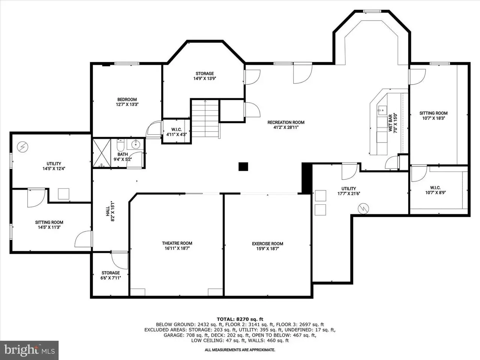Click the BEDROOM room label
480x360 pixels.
pyautogui.click(x=127, y=99)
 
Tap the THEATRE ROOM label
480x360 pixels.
pyautogui.click(x=177, y=243)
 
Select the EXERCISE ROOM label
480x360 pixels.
pyautogui.click(x=268, y=244)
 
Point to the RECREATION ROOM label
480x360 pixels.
pyautogui.click(x=286, y=122)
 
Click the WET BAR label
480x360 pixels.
pyautogui.click(x=390, y=123)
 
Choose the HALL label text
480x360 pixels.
pyautogui.click(x=108, y=211)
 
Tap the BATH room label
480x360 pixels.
pyautogui.click(x=123, y=154)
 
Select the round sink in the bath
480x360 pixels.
pyautogui.click(x=136, y=144)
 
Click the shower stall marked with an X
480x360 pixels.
pyautogui.click(x=102, y=153)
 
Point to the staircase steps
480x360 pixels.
pyautogui.click(x=205, y=118)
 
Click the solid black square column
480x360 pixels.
pyautogui.click(x=243, y=166)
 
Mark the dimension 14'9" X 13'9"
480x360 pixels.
pyautogui.click(x=205, y=78)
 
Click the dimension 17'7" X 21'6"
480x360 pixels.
pyautogui.click(x=349, y=193)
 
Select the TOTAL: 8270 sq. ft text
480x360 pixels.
pyautogui.click(x=240, y=319)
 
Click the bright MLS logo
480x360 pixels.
pyautogui.click(x=29, y=350)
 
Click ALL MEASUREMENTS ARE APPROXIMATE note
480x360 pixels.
pyautogui.click(x=240, y=350)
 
